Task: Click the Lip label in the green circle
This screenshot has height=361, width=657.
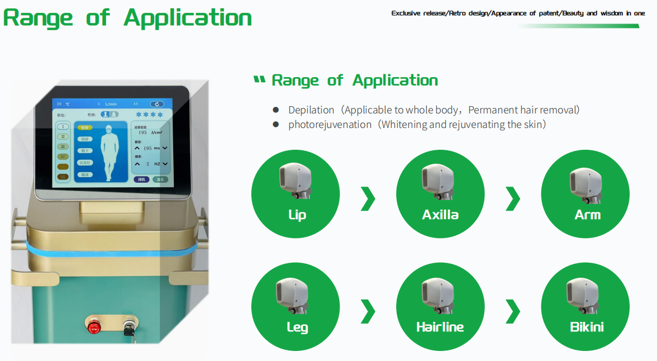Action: click(297, 215)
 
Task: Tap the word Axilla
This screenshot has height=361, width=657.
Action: click(441, 215)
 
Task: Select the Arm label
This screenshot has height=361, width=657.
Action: click(587, 215)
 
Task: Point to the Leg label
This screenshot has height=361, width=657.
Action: click(297, 327)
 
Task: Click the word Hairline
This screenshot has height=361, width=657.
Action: click(440, 327)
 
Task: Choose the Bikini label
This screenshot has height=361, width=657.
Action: click(587, 327)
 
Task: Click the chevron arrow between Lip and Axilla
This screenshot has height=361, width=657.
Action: click(368, 198)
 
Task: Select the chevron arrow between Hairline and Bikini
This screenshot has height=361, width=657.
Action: click(513, 311)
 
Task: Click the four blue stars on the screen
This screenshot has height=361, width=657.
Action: click(149, 115)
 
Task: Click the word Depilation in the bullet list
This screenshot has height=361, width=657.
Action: click(311, 110)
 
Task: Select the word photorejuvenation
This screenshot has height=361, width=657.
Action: click(330, 125)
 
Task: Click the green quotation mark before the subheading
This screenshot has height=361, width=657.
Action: click(259, 80)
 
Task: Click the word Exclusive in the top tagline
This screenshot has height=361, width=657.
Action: click(409, 13)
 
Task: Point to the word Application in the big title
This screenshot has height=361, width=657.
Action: click(188, 17)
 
